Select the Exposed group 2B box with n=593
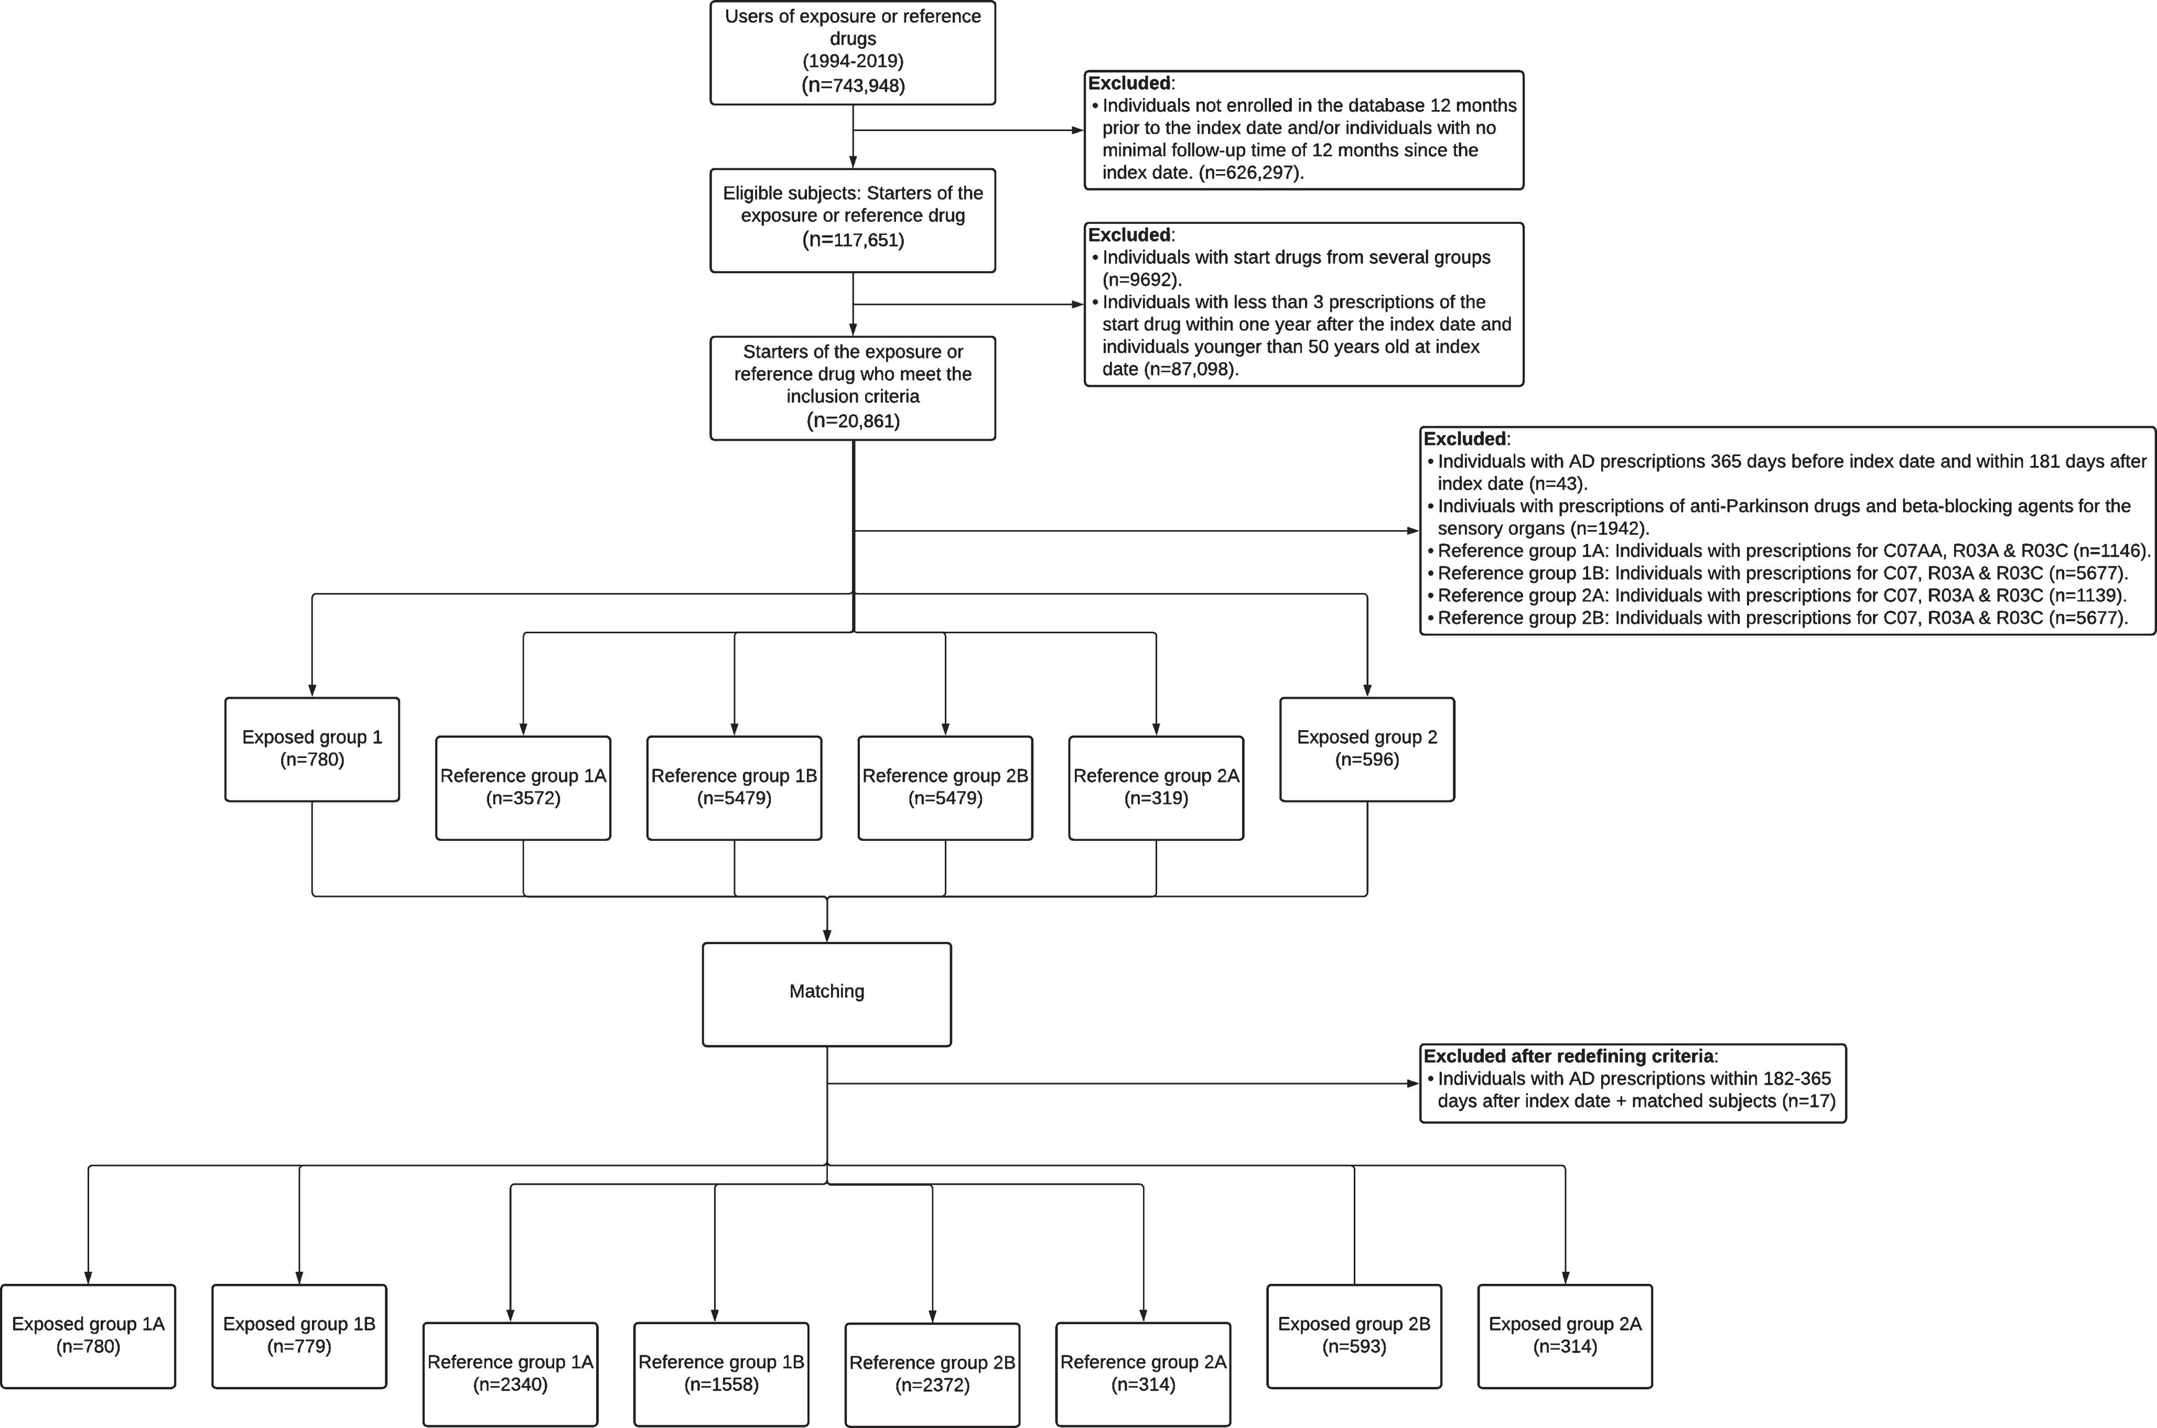(x=1354, y=1336)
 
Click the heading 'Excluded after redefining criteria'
(x=1569, y=1056)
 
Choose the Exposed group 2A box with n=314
(x=1565, y=1336)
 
